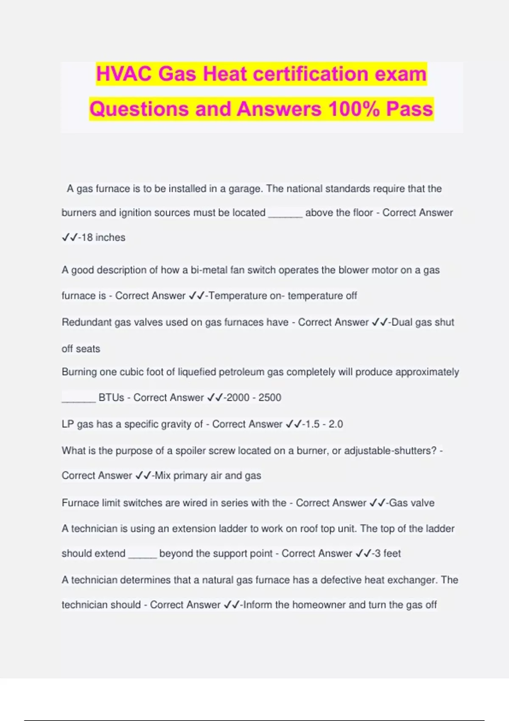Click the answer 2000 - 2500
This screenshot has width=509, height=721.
pyautogui.click(x=254, y=398)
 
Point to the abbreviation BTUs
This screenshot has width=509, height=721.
pyautogui.click(x=111, y=398)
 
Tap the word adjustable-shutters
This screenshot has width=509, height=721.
pyautogui.click(x=390, y=450)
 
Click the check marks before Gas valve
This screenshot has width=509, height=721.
pyautogui.click(x=377, y=503)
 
